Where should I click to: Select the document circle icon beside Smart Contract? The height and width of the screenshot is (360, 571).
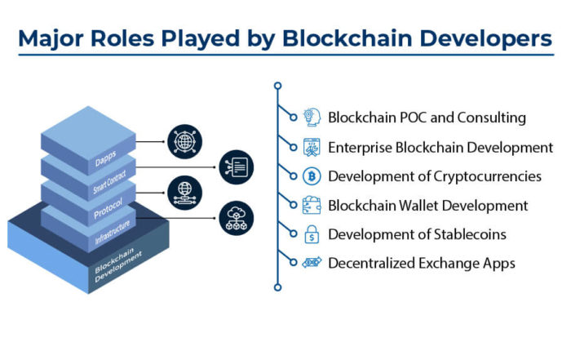coord(237,167)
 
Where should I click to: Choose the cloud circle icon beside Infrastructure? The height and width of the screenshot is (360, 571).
coord(237,218)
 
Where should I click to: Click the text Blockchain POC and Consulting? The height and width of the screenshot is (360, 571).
coord(427,117)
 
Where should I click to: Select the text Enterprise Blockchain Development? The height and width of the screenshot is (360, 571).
coord(440,147)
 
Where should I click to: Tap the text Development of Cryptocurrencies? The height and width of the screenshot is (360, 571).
coord(434,176)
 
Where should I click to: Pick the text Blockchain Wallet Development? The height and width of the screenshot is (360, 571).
coord(427,205)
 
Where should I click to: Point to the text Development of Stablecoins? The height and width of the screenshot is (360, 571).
coord(417,234)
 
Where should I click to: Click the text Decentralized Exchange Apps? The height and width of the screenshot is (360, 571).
coord(421,263)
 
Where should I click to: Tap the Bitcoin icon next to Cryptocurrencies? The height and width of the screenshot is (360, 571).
coord(312,176)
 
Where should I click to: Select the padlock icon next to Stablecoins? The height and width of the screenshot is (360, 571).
coord(312,234)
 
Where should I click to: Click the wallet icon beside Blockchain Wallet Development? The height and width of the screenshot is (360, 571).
coord(312,205)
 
